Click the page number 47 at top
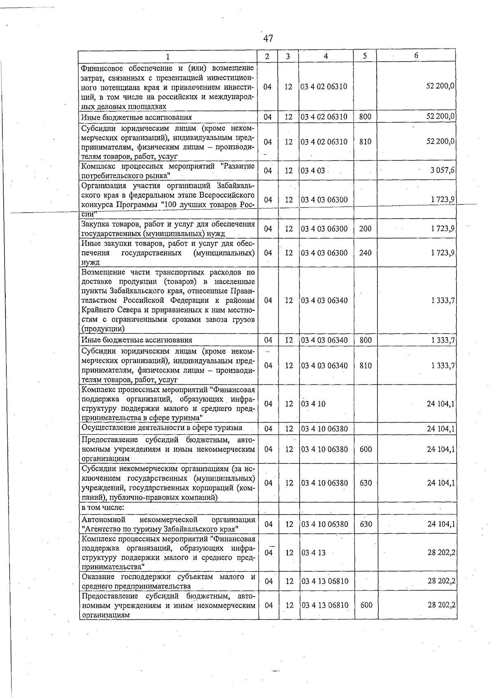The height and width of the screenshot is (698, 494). click(268, 39)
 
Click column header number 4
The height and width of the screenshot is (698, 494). click(326, 56)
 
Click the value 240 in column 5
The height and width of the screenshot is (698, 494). click(365, 253)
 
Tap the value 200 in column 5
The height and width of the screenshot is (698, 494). click(365, 229)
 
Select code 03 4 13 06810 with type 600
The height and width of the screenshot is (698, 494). click(325, 605)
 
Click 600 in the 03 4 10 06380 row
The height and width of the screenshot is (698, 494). click(366, 449)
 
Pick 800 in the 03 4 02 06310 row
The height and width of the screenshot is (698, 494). click(365, 117)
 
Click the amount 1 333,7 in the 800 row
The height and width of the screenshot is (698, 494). click(443, 340)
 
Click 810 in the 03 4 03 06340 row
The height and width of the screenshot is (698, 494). click(365, 365)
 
